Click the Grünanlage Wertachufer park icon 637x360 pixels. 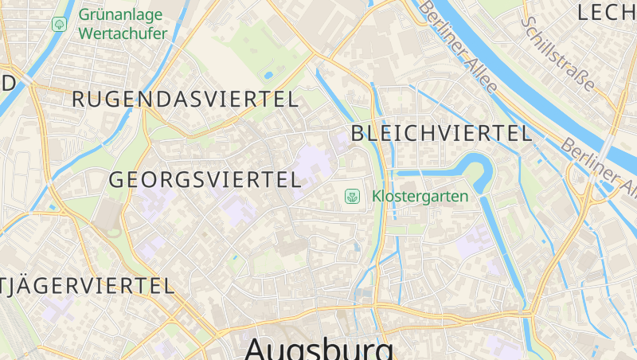click(x=59, y=25)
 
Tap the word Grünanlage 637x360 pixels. click(x=120, y=15)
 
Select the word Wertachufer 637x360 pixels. click(x=123, y=33)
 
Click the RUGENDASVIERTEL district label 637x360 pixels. click(x=185, y=100)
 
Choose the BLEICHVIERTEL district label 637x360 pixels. click(x=441, y=133)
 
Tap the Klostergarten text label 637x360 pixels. click(x=420, y=195)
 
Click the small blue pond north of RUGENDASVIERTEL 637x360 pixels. click(x=268, y=76)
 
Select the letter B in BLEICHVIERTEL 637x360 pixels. click(x=358, y=133)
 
